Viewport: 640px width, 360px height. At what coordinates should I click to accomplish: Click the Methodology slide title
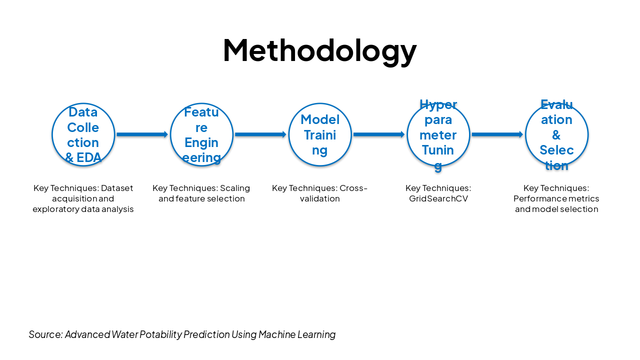(x=319, y=50)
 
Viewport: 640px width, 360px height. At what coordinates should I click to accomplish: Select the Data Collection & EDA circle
(x=83, y=134)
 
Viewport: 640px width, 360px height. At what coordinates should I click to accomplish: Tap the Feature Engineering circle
(x=201, y=134)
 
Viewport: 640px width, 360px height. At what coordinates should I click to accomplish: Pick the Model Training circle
(x=320, y=134)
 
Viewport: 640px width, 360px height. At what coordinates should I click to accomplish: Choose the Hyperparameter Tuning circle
(x=438, y=134)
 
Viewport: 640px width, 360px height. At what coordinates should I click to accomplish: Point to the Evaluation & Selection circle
(x=556, y=134)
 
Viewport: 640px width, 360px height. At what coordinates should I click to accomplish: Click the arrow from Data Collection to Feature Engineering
(x=142, y=134)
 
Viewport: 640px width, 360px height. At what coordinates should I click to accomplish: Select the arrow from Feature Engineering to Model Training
(x=260, y=134)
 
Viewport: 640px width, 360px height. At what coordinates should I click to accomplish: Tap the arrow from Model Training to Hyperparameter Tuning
(x=379, y=134)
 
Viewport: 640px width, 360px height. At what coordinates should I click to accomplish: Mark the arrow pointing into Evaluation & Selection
(x=497, y=134)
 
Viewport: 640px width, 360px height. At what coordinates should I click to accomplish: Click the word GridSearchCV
(x=438, y=199)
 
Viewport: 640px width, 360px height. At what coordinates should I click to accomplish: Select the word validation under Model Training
(x=319, y=199)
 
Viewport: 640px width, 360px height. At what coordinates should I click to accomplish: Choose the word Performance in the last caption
(x=536, y=199)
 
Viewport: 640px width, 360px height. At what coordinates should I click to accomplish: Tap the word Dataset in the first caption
(x=117, y=188)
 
